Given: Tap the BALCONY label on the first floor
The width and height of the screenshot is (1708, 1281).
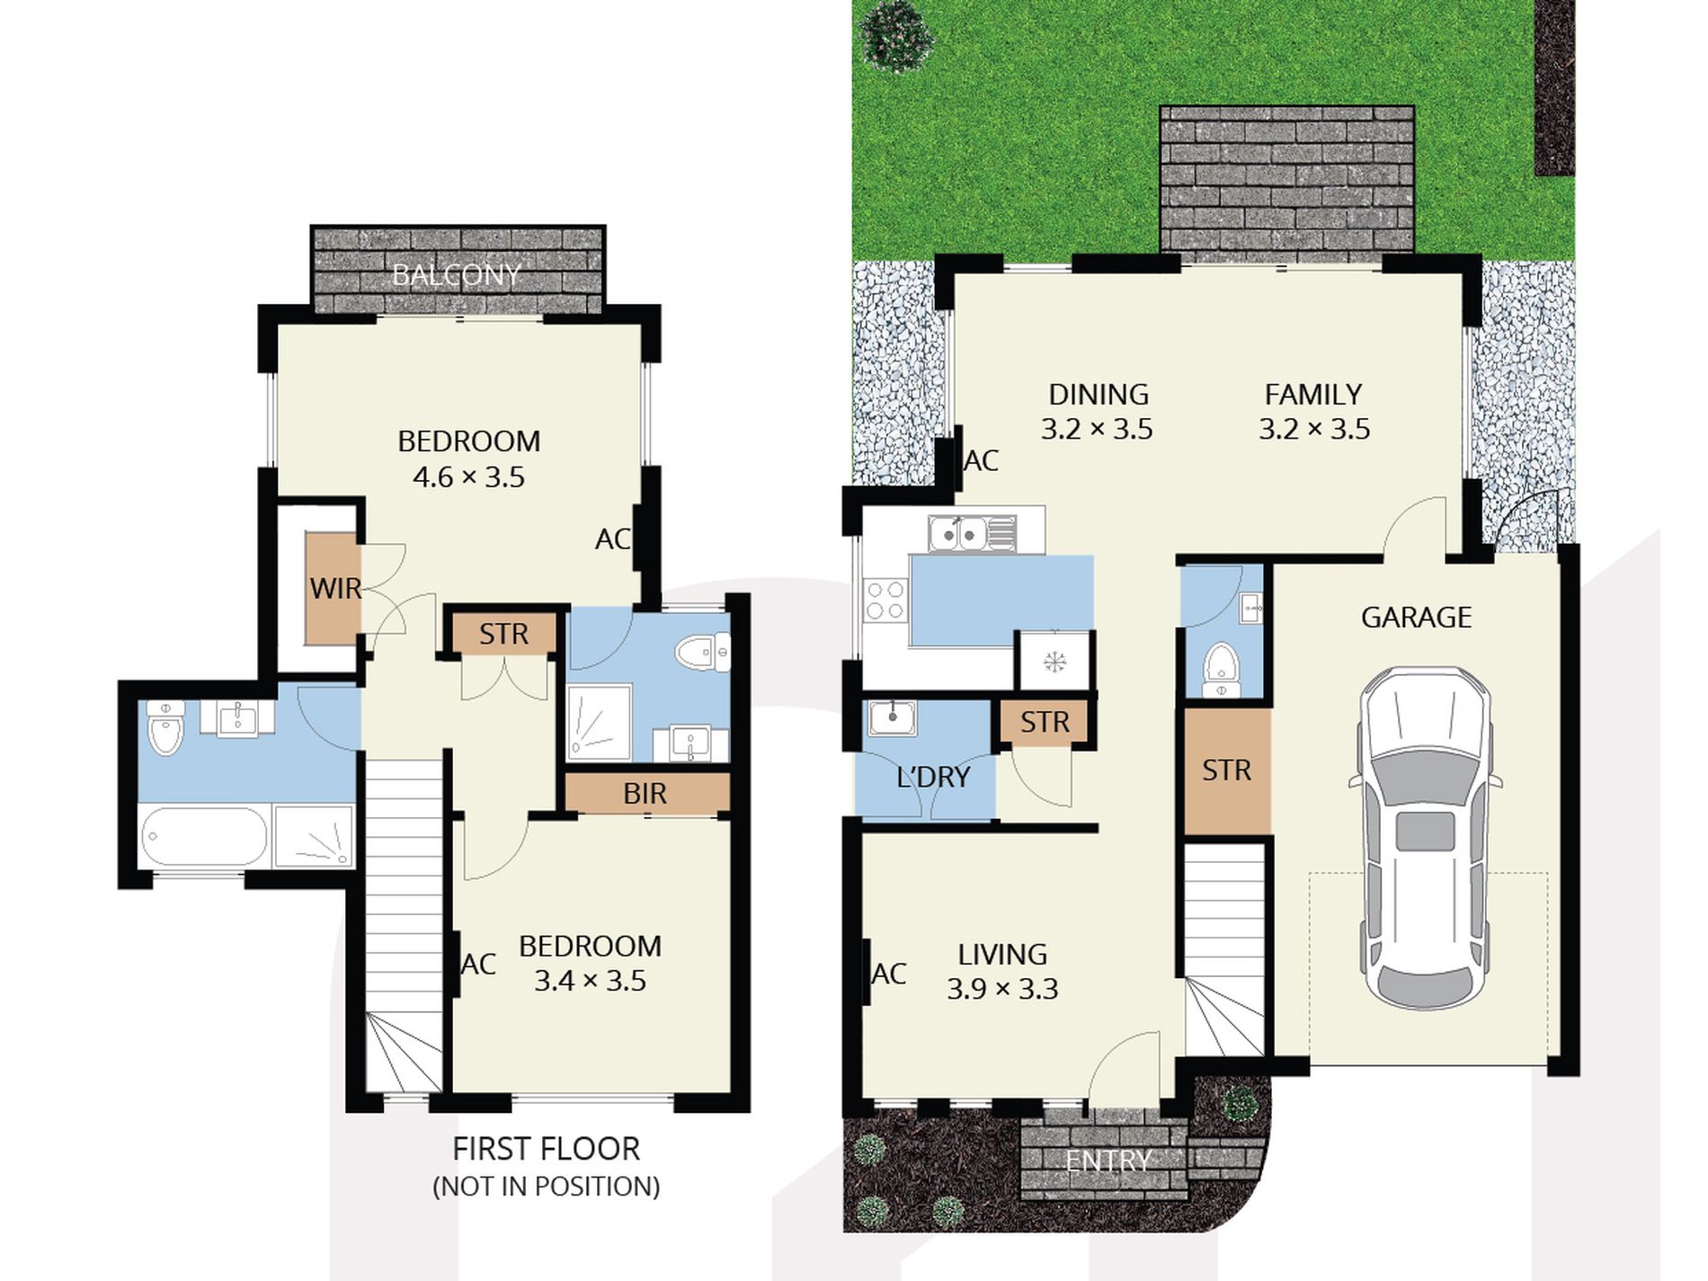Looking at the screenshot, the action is pos(457,275).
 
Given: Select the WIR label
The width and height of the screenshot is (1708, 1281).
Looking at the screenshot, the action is pos(335,589).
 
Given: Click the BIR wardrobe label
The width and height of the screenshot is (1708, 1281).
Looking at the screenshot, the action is pos(645,794).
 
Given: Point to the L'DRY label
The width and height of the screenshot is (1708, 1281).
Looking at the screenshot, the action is pos(933,777).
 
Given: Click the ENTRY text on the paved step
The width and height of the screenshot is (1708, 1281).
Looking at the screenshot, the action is pos(1108,1161).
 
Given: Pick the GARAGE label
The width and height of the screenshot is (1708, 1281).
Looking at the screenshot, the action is pos(1416,618).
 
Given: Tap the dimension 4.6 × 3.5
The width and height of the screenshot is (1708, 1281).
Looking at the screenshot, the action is pos(468,477).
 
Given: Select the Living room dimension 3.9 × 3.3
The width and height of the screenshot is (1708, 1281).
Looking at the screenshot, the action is pos(1002,989).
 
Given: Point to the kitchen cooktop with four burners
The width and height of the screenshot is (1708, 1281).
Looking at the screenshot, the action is pos(885,600).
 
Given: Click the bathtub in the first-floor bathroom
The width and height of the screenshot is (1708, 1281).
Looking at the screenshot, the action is pos(205,837).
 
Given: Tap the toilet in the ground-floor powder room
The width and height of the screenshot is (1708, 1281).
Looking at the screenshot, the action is pos(1221,669).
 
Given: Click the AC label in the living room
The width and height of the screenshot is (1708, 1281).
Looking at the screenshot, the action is pos(889,974).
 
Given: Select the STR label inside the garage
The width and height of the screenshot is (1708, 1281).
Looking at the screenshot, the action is pos(1226,770).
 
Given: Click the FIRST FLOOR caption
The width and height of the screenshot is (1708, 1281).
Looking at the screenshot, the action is pos(546,1149).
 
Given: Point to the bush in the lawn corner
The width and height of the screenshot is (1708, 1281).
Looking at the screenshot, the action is pos(894,34).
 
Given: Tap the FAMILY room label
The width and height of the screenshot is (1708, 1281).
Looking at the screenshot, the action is pos(1313,395).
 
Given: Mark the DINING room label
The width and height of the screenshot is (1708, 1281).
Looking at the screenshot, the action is pos(1099,395).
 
